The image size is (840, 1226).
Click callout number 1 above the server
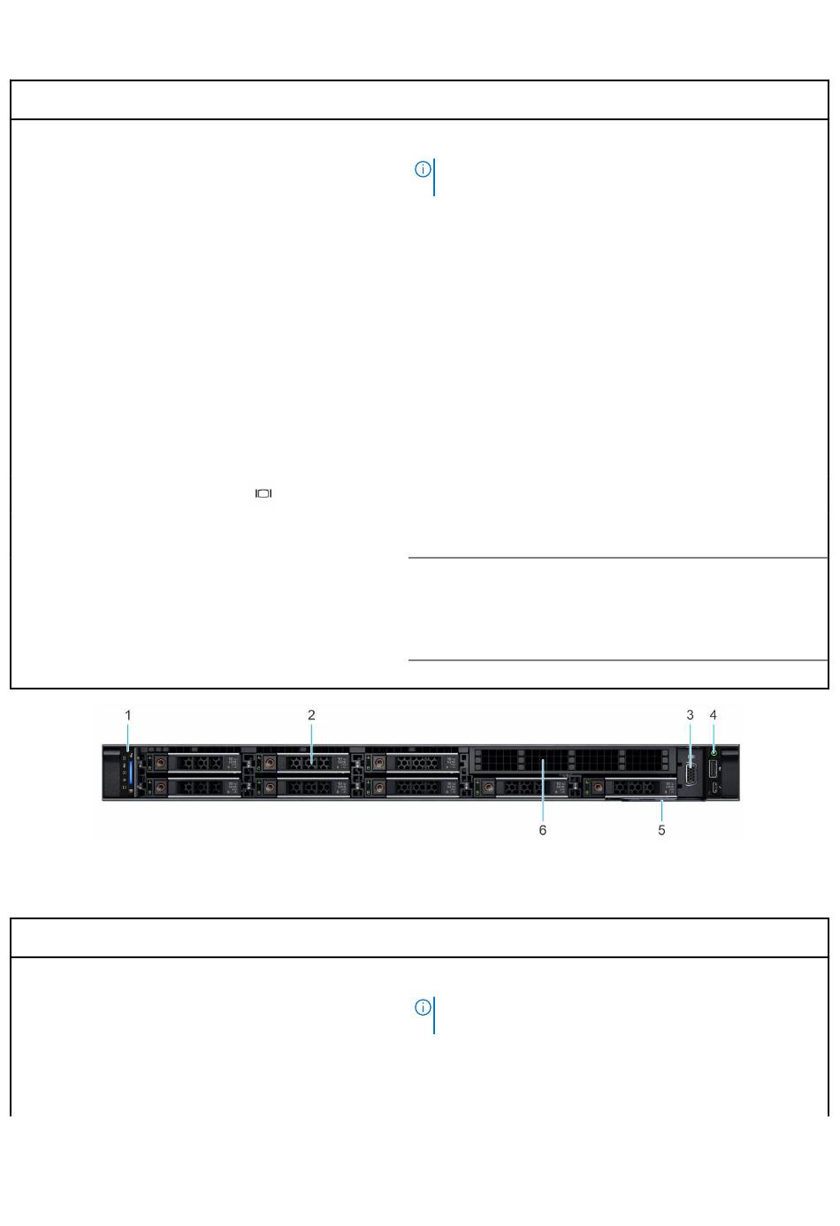[x=128, y=715]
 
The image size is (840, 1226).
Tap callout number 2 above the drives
[x=311, y=715]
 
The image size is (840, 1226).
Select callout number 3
[x=690, y=715]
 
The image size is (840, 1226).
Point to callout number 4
[x=713, y=715]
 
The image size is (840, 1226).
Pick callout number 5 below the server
[x=661, y=830]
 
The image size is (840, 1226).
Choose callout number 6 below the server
[x=543, y=830]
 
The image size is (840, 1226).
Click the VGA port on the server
[x=691, y=774]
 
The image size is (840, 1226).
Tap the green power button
[x=714, y=752]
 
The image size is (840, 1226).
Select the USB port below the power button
[x=714, y=770]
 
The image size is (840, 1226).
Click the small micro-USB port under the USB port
[x=714, y=788]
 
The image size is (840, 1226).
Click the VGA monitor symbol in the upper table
[x=263, y=493]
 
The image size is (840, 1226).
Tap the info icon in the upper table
[x=423, y=170]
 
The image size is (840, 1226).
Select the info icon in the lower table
[x=423, y=1008]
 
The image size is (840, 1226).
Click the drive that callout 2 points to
[x=306, y=762]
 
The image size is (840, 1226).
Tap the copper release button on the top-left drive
[x=161, y=762]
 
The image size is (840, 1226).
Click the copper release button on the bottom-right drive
[x=598, y=788]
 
